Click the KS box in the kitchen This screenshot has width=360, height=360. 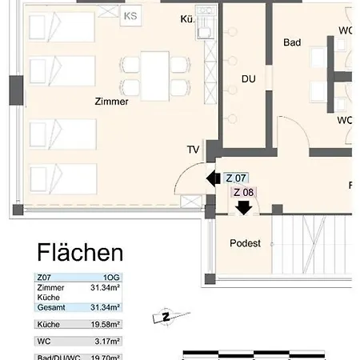pos(130,14)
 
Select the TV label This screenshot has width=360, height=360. pos(193,150)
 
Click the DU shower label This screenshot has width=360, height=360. pos(249,78)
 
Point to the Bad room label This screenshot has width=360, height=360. pos(292,42)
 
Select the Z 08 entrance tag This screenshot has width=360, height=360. pos(243,192)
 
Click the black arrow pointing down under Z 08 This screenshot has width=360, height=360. pos(243,207)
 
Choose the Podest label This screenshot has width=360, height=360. pos(245,243)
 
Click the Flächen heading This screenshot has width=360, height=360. pos(80,254)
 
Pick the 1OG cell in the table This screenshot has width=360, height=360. pos(110,277)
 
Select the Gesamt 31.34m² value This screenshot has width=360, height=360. pos(106,307)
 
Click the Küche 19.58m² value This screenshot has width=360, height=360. pos(106,326)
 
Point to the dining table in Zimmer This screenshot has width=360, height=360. pos(155,74)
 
